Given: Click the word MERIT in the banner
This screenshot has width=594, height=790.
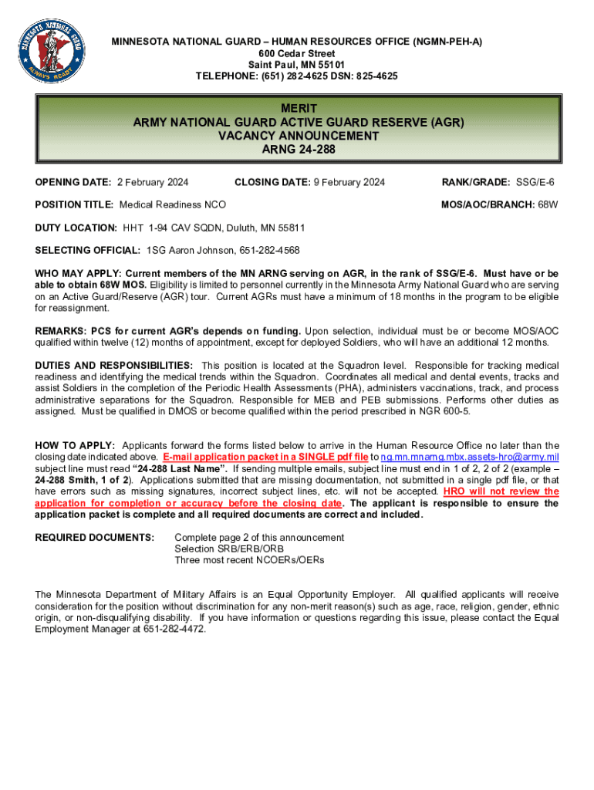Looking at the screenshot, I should click(x=299, y=109).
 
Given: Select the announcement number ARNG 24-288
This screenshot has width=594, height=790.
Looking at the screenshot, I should click(x=299, y=150).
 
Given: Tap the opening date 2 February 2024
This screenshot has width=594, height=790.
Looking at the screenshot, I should click(x=153, y=182).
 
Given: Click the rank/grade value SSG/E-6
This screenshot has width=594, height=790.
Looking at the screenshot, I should click(x=535, y=182).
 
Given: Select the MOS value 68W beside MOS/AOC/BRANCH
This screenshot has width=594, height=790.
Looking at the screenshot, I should click(x=548, y=204).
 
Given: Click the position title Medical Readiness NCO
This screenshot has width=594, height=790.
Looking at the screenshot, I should click(x=172, y=204).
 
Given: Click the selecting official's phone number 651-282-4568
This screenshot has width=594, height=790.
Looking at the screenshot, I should click(x=265, y=251).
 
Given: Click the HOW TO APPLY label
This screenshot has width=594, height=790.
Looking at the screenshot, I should click(x=75, y=446).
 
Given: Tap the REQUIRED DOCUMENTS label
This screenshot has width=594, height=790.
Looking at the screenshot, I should click(x=94, y=538).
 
